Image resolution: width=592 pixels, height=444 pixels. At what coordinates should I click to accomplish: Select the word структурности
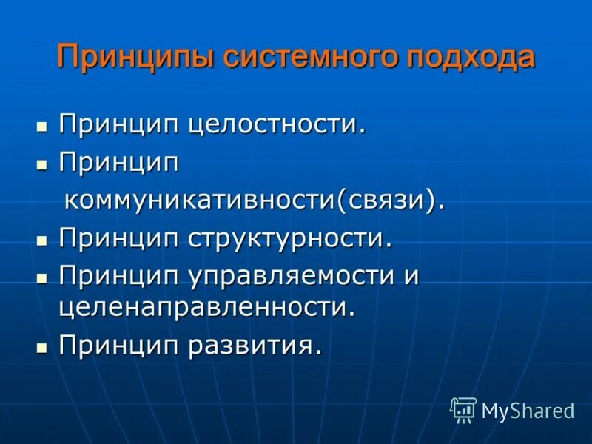tap(289, 238)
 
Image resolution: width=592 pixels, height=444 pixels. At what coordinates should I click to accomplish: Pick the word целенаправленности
tap(207, 306)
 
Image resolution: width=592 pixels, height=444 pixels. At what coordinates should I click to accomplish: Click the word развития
tap(255, 345)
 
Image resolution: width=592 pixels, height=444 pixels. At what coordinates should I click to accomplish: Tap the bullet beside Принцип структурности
tap(42, 239)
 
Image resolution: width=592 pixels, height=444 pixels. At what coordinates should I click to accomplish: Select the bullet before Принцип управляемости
tap(42, 277)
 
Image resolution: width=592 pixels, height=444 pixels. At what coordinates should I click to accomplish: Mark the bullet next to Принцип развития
tap(42, 346)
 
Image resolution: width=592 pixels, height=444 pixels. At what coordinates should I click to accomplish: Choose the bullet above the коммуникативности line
tap(42, 162)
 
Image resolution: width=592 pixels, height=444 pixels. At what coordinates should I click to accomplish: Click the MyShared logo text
tap(528, 411)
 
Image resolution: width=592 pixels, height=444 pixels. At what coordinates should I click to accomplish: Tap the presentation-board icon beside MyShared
tap(463, 410)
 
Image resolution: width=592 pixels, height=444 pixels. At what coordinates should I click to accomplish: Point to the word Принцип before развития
tap(118, 345)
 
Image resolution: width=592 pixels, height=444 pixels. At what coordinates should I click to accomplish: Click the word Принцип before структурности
tap(118, 238)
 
